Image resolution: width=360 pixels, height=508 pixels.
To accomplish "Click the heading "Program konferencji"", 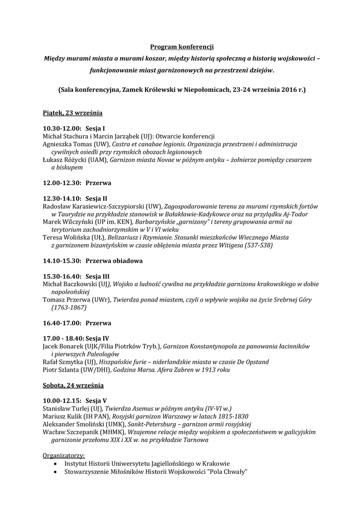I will (180, 48).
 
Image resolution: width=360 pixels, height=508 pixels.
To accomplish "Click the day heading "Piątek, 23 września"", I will (72, 113).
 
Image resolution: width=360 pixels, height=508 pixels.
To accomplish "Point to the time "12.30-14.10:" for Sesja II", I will (62, 198).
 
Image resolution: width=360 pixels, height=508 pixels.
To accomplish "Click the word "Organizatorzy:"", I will (64, 455).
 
